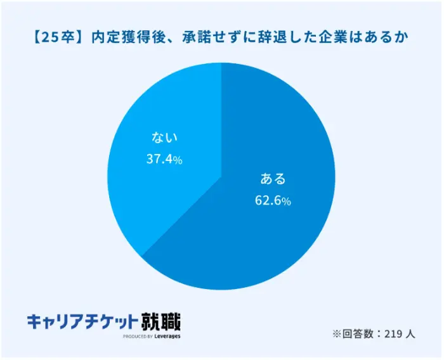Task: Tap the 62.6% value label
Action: (272, 201)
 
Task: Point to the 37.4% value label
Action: (164, 160)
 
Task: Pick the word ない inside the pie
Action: (164, 137)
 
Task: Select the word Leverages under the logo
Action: (167, 337)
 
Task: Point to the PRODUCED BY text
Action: (138, 337)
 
